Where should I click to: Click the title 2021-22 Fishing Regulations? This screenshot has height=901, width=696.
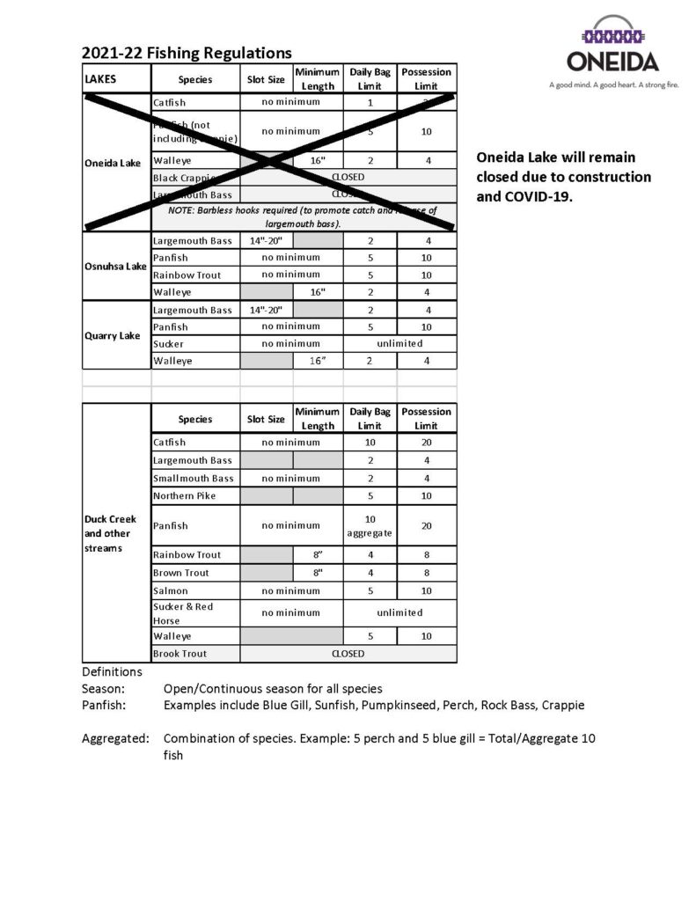click(187, 54)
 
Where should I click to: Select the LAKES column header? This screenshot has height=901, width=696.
click(100, 79)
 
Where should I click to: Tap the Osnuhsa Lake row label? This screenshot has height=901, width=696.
click(115, 267)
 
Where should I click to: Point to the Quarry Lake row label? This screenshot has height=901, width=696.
click(115, 335)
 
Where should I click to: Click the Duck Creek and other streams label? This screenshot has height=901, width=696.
click(110, 533)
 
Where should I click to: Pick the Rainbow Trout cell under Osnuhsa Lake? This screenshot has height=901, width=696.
click(187, 275)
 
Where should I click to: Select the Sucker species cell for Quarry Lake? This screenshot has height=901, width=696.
click(169, 344)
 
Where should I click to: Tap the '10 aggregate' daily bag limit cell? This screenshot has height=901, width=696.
click(370, 526)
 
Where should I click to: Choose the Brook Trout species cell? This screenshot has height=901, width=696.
click(180, 654)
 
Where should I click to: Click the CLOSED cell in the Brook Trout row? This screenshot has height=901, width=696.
click(348, 654)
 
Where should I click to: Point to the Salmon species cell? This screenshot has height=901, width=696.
click(171, 591)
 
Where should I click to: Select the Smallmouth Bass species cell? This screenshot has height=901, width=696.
click(194, 479)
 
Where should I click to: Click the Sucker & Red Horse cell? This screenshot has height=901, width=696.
click(183, 613)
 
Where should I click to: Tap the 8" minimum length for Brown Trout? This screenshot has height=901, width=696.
click(318, 573)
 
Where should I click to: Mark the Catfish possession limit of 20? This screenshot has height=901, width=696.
click(427, 443)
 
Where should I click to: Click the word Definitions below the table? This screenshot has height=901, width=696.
click(112, 671)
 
